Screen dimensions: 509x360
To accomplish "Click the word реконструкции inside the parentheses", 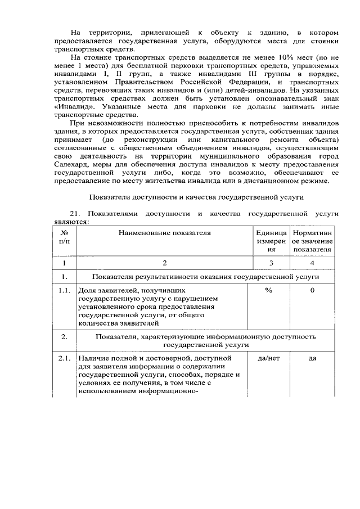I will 157,139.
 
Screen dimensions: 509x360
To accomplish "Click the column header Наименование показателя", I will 164,232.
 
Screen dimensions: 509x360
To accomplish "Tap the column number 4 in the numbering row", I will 312,263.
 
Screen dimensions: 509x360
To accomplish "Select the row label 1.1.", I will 65,290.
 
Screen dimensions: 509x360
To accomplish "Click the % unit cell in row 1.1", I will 268,290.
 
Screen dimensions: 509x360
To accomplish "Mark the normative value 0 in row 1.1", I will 312,290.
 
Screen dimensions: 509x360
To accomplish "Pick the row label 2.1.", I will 65,358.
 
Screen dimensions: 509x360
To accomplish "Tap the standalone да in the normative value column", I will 312,358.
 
